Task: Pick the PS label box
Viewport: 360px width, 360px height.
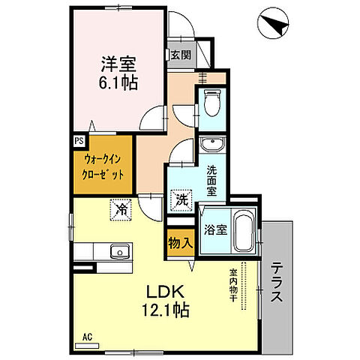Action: click(79, 139)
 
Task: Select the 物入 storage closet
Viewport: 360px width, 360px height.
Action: click(178, 244)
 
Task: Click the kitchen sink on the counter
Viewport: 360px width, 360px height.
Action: click(120, 250)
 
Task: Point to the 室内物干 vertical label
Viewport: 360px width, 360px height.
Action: click(233, 285)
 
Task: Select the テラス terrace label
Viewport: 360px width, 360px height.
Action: click(277, 282)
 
